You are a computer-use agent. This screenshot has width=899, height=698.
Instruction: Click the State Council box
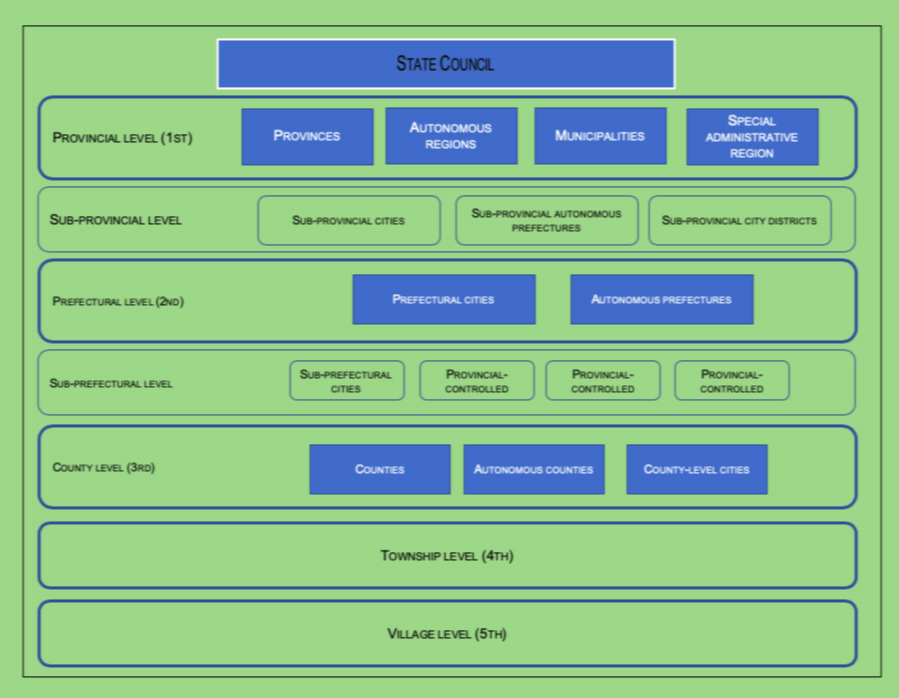click(x=445, y=64)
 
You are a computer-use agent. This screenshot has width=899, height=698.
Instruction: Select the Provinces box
click(x=307, y=136)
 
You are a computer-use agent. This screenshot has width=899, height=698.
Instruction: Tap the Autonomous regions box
click(x=451, y=136)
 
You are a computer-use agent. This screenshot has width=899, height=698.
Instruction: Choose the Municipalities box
click(x=600, y=136)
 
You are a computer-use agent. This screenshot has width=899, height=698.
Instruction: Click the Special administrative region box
click(x=752, y=137)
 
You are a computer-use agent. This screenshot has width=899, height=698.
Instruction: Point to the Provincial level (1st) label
click(x=122, y=138)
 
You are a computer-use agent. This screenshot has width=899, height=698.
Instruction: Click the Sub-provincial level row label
click(x=116, y=220)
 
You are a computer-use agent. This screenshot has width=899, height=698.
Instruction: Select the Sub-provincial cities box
click(x=348, y=220)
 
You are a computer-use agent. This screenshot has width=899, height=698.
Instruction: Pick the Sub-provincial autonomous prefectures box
click(x=546, y=220)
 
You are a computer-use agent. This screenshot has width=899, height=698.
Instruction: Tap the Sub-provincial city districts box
click(x=739, y=220)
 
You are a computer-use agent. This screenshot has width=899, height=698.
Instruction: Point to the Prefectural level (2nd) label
click(x=118, y=301)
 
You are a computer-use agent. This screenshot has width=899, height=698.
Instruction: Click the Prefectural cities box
click(x=443, y=299)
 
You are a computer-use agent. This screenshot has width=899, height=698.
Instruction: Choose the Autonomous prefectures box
click(x=661, y=299)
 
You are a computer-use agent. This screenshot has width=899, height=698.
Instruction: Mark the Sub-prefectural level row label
click(x=111, y=383)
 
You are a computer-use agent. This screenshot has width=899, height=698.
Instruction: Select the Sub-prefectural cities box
click(x=346, y=381)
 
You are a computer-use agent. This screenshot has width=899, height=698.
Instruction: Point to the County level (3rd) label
click(x=104, y=467)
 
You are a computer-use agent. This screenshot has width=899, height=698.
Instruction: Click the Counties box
click(x=379, y=469)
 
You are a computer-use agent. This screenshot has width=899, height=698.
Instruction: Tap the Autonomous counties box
click(x=533, y=469)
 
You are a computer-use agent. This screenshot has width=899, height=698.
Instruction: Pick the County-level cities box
click(x=696, y=469)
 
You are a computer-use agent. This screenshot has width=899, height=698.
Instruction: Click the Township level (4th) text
click(x=447, y=556)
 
